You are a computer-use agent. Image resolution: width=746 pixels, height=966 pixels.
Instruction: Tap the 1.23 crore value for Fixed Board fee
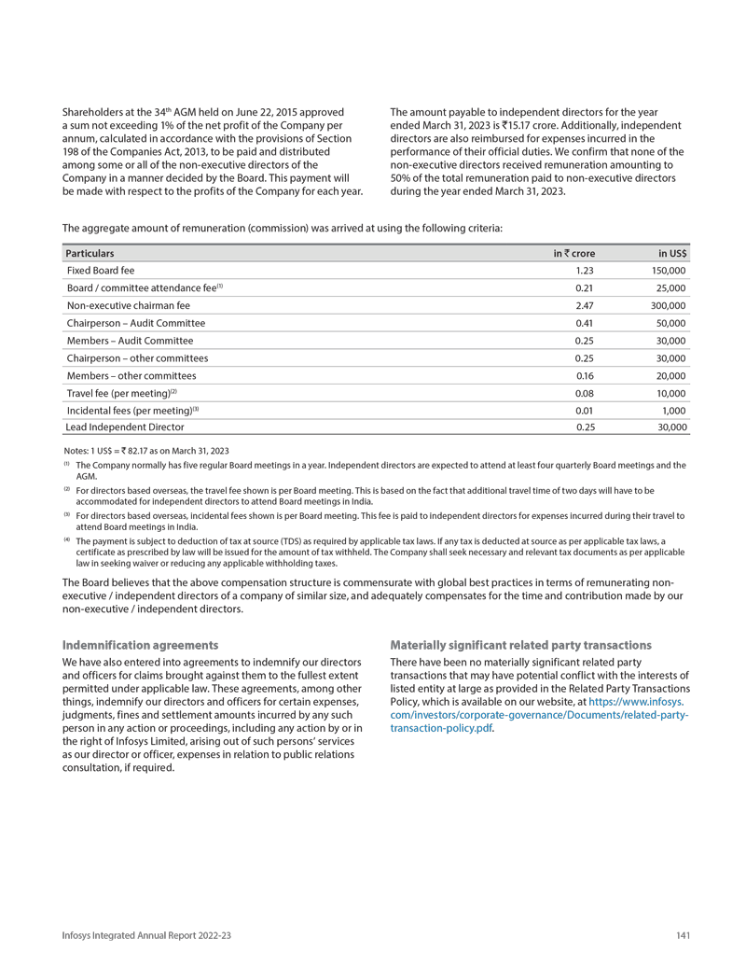click(x=585, y=270)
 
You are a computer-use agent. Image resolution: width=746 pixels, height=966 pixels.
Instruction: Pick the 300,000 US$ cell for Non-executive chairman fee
click(x=670, y=305)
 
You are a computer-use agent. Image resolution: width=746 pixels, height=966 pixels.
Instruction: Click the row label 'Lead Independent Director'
click(x=125, y=427)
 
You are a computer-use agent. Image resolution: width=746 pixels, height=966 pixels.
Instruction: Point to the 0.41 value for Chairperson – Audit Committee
click(x=585, y=323)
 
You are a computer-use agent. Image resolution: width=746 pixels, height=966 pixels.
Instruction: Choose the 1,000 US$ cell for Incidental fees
click(x=674, y=410)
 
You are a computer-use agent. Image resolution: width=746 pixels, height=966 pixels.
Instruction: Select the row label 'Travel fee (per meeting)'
click(x=121, y=392)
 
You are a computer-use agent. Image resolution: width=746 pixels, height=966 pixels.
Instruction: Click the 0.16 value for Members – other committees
click(x=585, y=375)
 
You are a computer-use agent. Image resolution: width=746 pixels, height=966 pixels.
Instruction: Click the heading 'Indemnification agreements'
click(x=140, y=645)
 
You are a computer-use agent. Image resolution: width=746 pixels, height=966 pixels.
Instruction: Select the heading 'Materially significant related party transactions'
click(x=520, y=645)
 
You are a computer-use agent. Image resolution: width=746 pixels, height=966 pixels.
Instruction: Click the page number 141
click(x=683, y=936)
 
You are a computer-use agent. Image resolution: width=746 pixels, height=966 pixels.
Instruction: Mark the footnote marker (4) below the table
click(x=66, y=539)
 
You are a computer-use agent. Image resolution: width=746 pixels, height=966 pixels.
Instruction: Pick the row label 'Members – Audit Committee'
click(x=130, y=341)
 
